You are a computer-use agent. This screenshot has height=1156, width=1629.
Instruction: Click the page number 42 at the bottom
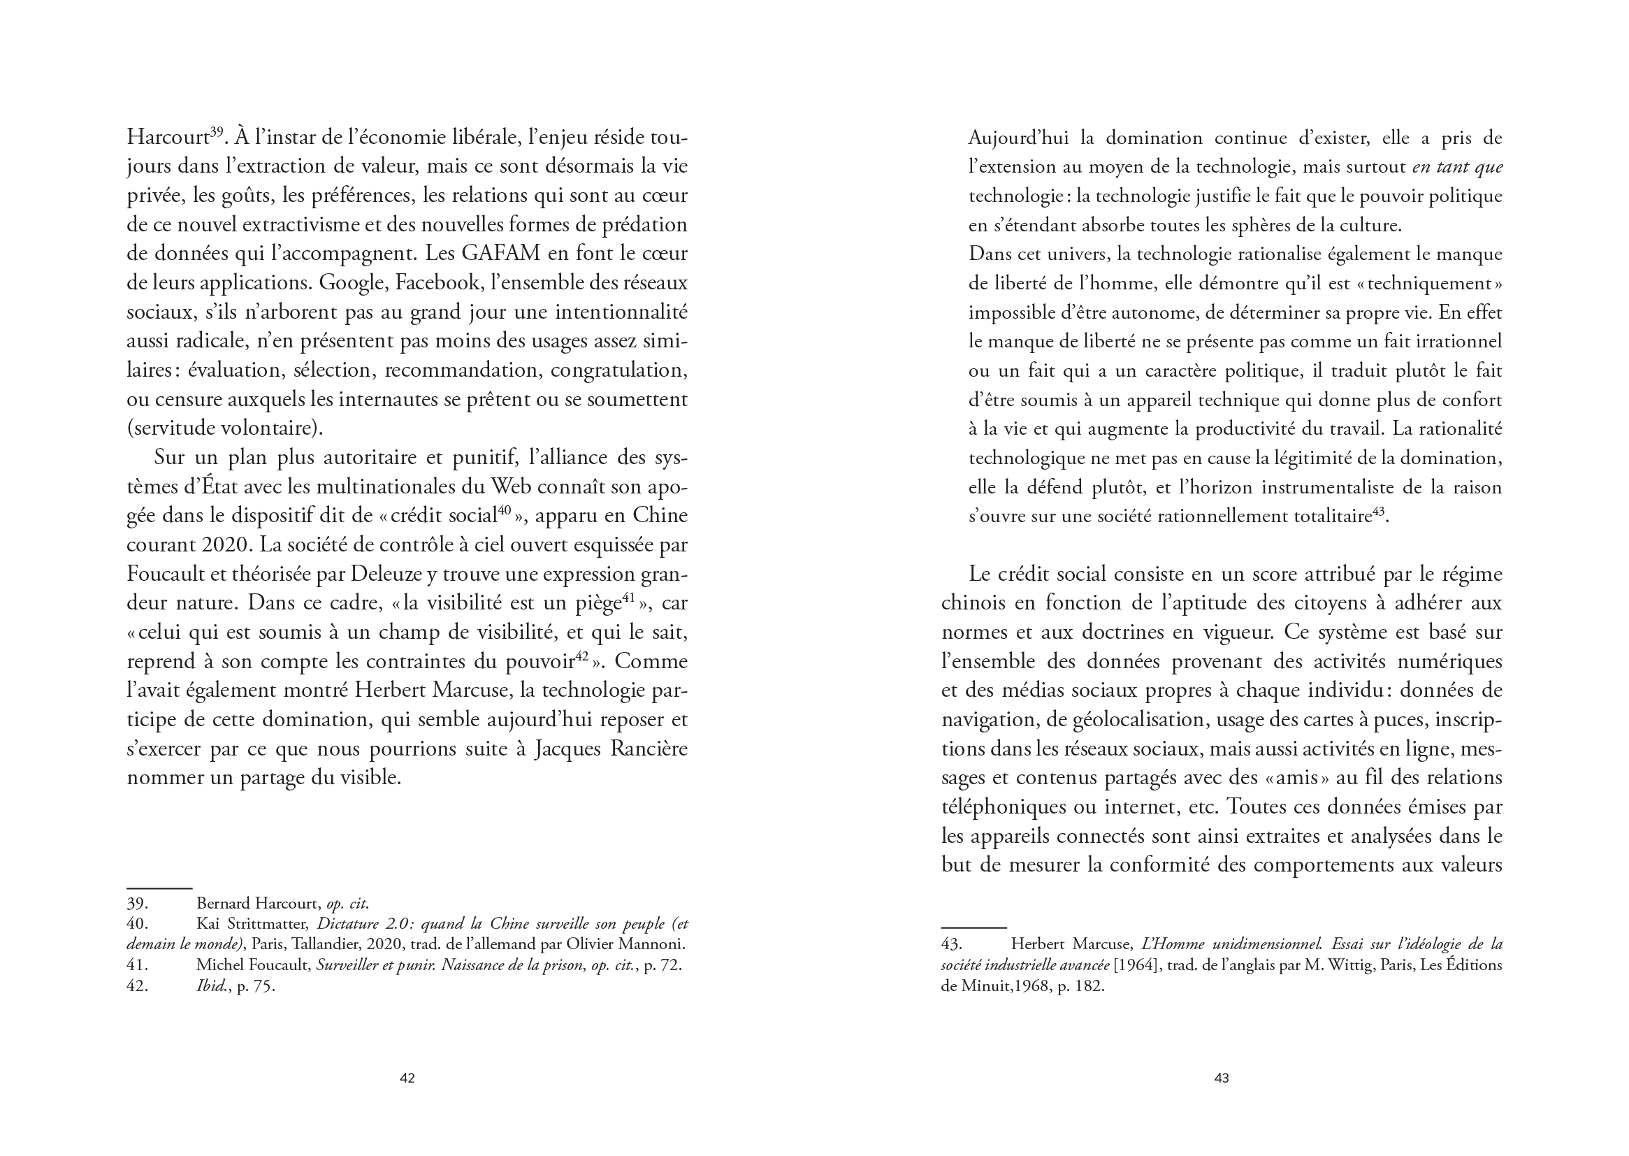pyautogui.click(x=407, y=1078)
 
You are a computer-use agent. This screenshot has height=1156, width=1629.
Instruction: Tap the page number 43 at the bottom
pyautogui.click(x=1221, y=1078)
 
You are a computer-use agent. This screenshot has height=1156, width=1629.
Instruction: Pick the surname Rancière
pyautogui.click(x=649, y=749)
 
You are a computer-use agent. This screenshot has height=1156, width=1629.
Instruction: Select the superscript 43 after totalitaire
pyautogui.click(x=1379, y=510)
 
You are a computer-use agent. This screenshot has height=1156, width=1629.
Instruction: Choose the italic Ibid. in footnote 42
pyautogui.click(x=211, y=987)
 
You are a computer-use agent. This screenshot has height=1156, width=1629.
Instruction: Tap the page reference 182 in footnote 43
pyautogui.click(x=1089, y=987)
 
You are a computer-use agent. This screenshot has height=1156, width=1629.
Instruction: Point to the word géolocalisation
pyautogui.click(x=1135, y=720)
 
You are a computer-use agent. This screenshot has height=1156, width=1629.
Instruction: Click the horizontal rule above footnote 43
pyautogui.click(x=973, y=928)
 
